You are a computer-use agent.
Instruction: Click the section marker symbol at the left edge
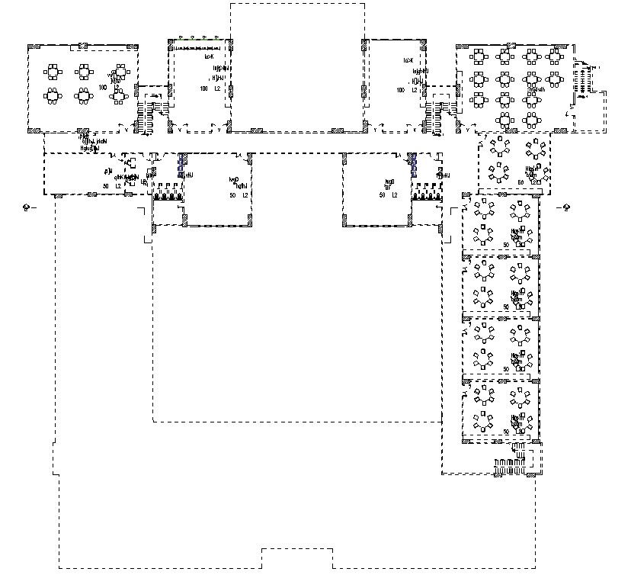(x=27, y=207)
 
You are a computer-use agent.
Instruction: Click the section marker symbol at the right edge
(x=565, y=207)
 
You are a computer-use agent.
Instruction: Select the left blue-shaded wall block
(x=181, y=162)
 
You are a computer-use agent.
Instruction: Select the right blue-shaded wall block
(x=412, y=162)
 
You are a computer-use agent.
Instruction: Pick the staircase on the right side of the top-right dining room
(x=584, y=81)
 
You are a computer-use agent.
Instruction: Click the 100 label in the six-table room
(x=103, y=88)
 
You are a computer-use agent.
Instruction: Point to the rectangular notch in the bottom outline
(x=297, y=557)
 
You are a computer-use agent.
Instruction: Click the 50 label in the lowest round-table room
(x=506, y=432)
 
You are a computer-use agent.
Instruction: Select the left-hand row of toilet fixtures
(x=167, y=195)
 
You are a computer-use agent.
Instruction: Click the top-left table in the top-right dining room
(x=479, y=56)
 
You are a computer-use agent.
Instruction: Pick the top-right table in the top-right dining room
(x=556, y=56)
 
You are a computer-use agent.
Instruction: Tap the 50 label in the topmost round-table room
(x=521, y=182)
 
